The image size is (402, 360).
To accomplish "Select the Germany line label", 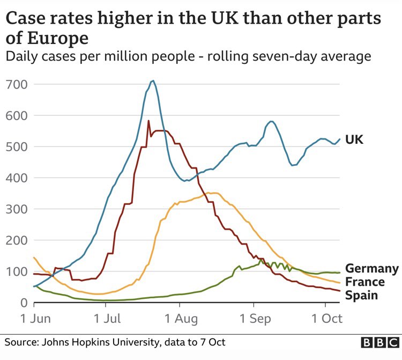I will click(x=371, y=269).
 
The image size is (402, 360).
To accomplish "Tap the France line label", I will click(x=364, y=282).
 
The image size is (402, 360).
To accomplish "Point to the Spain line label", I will click(x=362, y=296).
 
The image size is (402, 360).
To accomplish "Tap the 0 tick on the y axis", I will click(x=23, y=303).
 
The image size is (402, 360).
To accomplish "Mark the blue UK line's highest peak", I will click(x=153, y=81).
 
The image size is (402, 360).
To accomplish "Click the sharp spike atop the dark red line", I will click(x=148, y=121).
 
